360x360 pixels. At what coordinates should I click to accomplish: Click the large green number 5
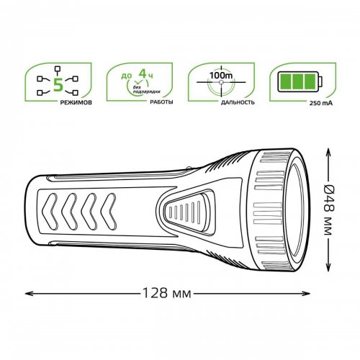point(58,85)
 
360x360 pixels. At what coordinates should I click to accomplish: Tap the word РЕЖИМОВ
point(76,103)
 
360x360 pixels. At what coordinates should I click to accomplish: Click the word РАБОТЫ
point(161,102)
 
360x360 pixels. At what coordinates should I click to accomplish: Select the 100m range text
point(221,76)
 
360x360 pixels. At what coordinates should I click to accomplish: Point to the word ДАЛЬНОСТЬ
point(238,102)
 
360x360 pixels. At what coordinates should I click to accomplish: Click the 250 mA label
point(321,104)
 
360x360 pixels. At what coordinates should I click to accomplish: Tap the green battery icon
point(300,81)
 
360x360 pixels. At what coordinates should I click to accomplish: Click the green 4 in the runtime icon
point(143,73)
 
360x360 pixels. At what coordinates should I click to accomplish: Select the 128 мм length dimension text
point(167,293)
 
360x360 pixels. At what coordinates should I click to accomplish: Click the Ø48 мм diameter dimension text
point(328,210)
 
